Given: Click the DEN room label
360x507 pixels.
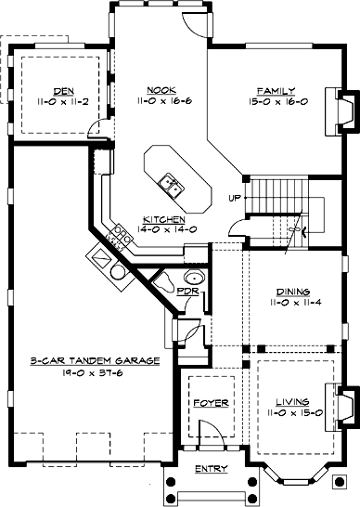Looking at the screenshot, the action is (x=64, y=91).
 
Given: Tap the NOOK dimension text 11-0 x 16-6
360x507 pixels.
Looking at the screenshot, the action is (x=164, y=101).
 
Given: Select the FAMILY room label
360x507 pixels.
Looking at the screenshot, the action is (x=276, y=91).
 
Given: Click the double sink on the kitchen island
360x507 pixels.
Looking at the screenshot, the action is (x=172, y=185).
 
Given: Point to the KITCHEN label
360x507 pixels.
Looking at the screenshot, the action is (x=164, y=219).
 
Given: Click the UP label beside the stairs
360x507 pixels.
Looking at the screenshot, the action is (x=235, y=198).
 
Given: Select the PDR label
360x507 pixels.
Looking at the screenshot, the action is (x=188, y=291).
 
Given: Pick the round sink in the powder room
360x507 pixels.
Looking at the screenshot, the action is (x=195, y=277).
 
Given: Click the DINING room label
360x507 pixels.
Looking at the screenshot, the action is (x=293, y=292).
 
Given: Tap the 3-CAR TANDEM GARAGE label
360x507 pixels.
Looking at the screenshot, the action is (x=95, y=361).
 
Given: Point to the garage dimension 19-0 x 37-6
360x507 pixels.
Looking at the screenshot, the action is (x=93, y=372).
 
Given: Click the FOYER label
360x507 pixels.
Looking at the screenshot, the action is (x=211, y=403).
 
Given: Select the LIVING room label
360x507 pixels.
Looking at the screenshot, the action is (x=292, y=402).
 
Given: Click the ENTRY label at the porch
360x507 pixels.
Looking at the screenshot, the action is (x=212, y=469).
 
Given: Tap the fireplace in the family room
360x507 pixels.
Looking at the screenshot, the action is (x=341, y=111).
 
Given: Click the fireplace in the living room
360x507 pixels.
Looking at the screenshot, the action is (x=341, y=408).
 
